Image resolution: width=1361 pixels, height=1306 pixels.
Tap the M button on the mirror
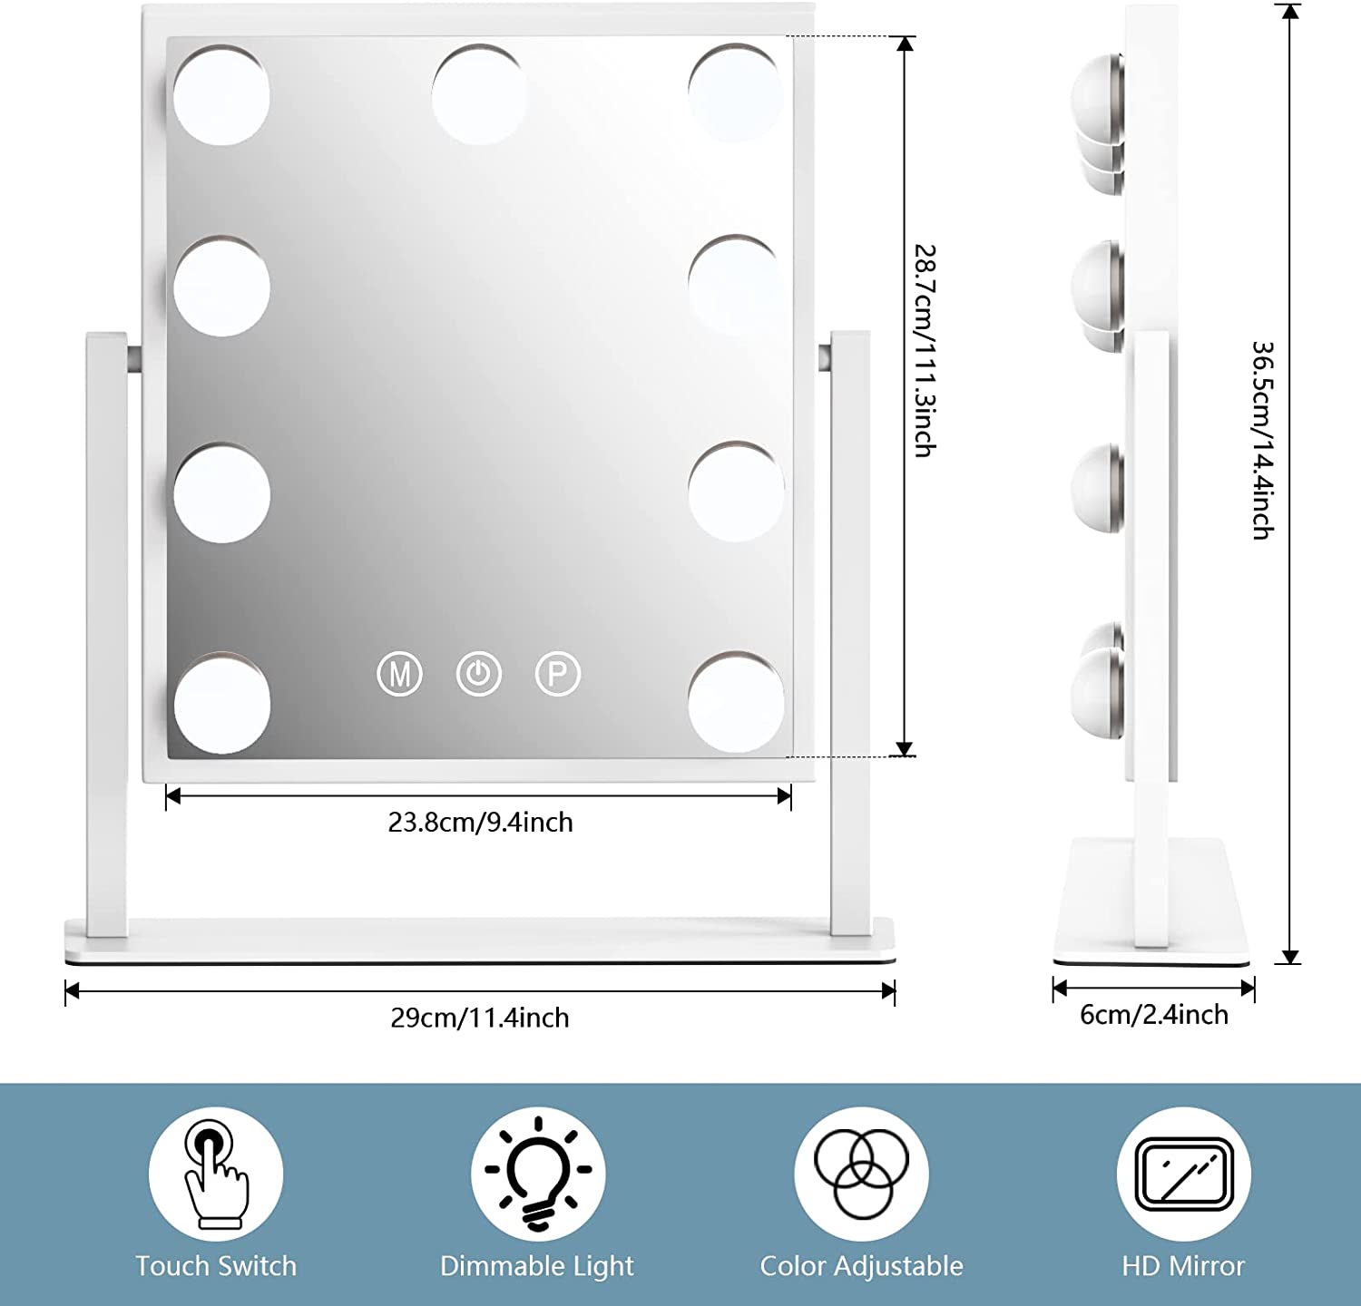tap(399, 674)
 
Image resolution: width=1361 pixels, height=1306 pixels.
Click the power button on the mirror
tap(479, 674)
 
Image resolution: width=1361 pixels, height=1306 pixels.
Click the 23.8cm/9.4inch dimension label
tap(480, 823)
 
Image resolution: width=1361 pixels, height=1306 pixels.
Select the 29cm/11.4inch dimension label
tap(479, 1018)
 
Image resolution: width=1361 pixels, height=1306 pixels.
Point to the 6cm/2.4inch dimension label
tap(1153, 1014)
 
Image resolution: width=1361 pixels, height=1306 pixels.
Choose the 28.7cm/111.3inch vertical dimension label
tap(925, 350)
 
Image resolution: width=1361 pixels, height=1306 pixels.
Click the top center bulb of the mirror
tap(479, 95)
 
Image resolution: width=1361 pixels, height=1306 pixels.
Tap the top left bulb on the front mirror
tap(222, 95)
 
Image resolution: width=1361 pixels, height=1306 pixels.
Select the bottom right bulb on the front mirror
tap(736, 703)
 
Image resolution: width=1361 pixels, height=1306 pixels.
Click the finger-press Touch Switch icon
tap(216, 1174)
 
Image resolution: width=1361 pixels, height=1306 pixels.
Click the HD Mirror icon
tap(1183, 1174)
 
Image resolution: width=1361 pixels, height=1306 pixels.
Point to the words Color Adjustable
tap(861, 1266)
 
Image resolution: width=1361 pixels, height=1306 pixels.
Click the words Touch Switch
tap(216, 1266)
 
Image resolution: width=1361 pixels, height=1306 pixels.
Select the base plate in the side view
tap(1150, 898)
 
